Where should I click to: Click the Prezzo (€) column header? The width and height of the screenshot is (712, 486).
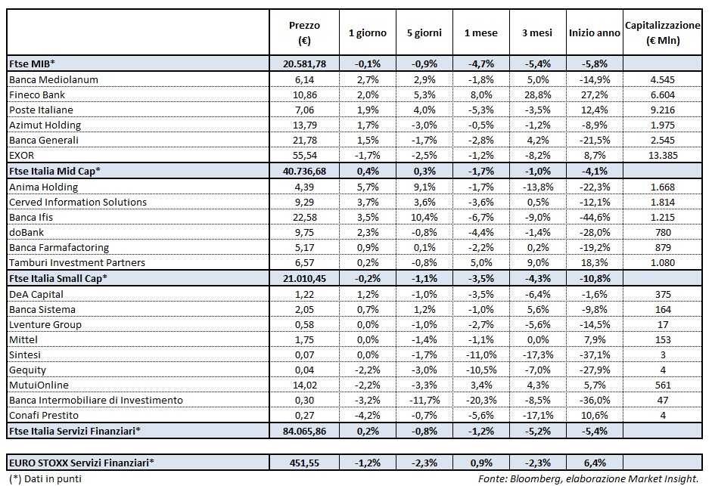(304, 33)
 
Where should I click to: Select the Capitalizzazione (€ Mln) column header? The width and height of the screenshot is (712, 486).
(662, 33)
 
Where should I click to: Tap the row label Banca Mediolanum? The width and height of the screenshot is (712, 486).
(54, 79)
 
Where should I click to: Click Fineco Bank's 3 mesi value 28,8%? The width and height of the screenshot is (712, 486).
(539, 94)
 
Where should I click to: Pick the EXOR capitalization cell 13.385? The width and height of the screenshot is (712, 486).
(662, 155)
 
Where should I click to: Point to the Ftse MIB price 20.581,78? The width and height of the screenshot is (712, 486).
(304, 64)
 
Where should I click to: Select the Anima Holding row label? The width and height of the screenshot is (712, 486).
(43, 187)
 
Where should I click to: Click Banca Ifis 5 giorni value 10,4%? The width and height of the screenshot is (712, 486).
(424, 217)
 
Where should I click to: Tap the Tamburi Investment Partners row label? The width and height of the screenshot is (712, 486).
(76, 262)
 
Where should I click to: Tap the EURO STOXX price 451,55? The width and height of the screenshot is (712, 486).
(304, 461)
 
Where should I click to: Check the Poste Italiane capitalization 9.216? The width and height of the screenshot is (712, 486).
(662, 110)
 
